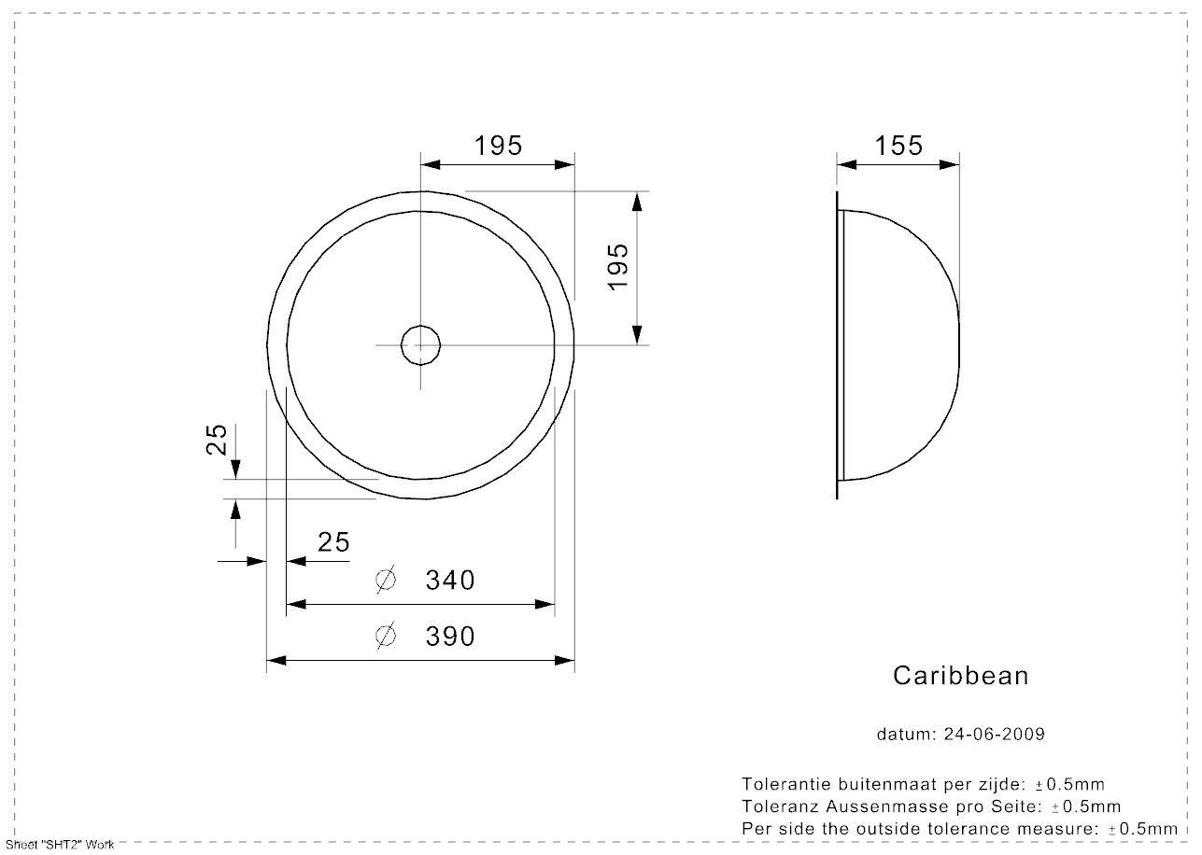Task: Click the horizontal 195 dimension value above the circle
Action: pos(498,146)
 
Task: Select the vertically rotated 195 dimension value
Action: pos(618,267)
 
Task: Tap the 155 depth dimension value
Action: pos(898,146)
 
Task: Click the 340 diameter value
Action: pos(449,581)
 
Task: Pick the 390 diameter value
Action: pos(449,637)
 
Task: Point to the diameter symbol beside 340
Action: pos(386,580)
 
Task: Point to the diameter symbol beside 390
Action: pos(386,637)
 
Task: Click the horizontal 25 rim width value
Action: pos(333,542)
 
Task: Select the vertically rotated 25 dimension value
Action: pos(217,440)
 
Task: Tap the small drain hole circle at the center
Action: pos(420,326)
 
